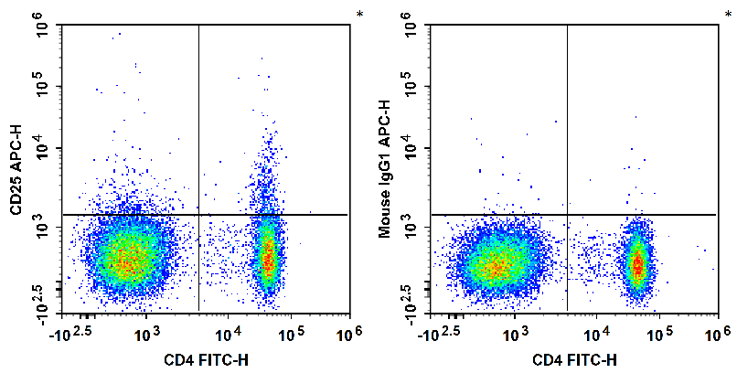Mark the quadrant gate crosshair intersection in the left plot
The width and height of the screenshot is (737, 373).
[x=198, y=215]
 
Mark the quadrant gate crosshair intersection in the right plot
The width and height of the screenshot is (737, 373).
[x=567, y=215]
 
